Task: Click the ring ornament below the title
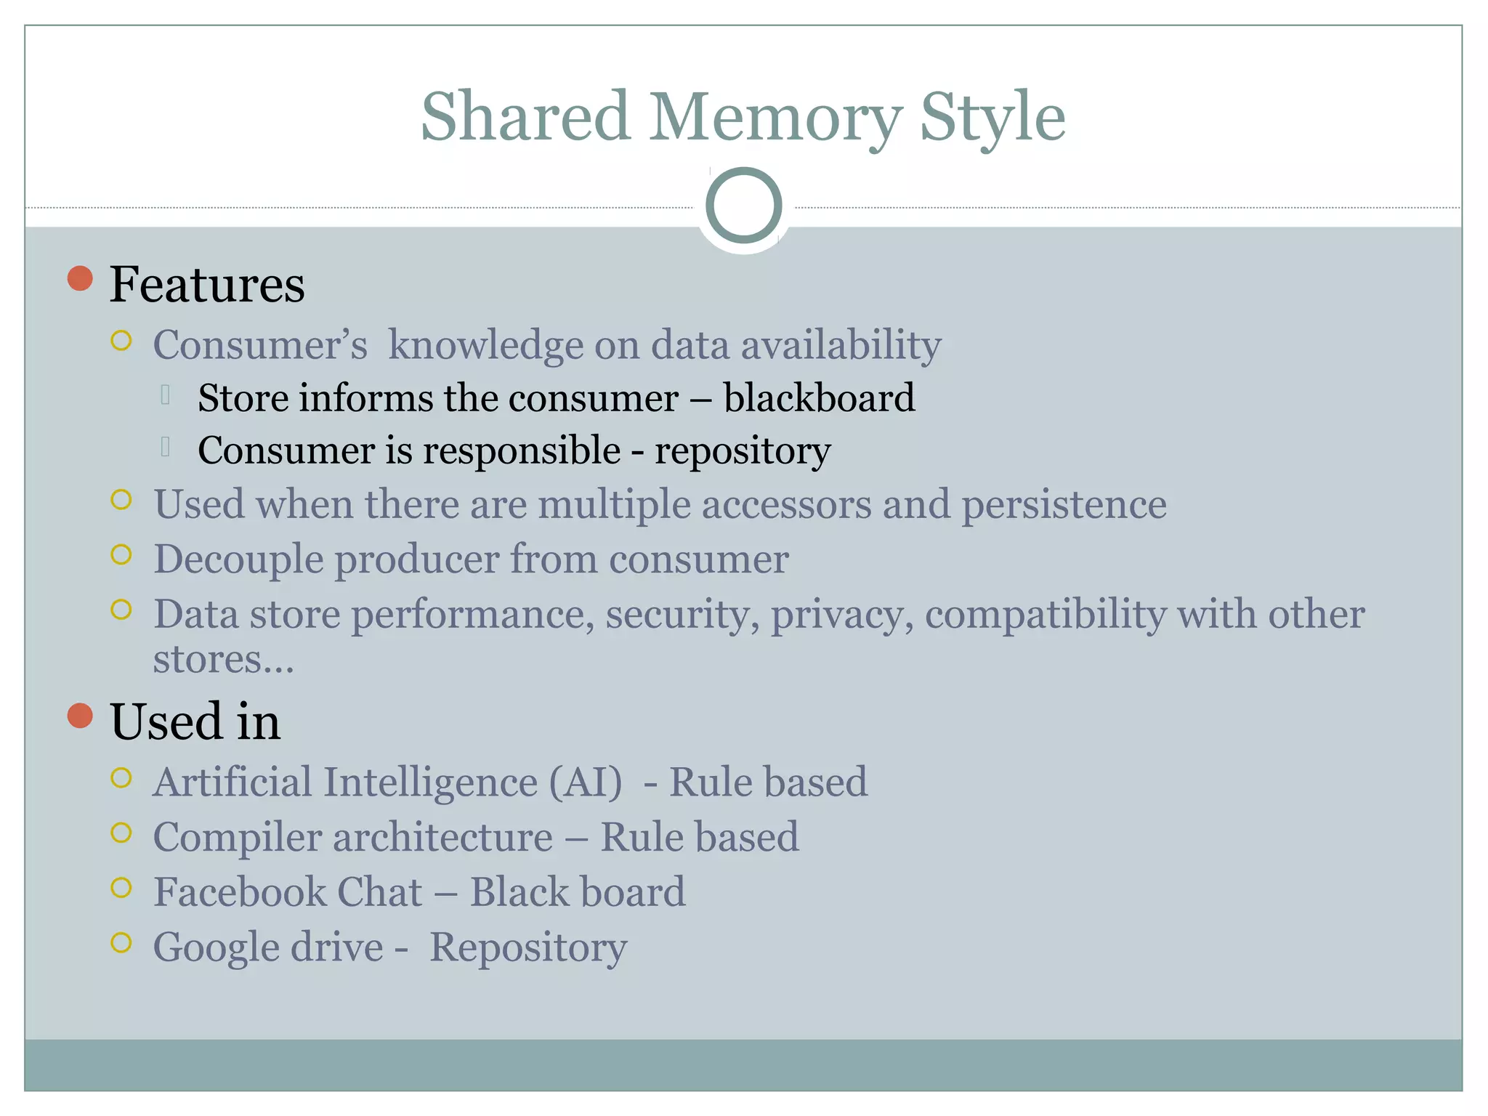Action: click(x=743, y=206)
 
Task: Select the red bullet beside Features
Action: click(x=80, y=278)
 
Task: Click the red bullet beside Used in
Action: click(x=80, y=716)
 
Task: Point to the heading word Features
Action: click(x=207, y=284)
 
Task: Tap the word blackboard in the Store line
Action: click(x=819, y=398)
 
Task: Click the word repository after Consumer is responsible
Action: click(x=743, y=451)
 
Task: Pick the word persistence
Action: click(x=1064, y=504)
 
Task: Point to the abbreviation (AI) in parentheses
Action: click(x=586, y=783)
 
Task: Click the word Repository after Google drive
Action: click(x=528, y=947)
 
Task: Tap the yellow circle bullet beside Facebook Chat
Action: click(x=121, y=887)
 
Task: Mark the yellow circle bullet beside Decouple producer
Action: click(x=121, y=555)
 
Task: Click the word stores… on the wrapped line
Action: click(x=223, y=660)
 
